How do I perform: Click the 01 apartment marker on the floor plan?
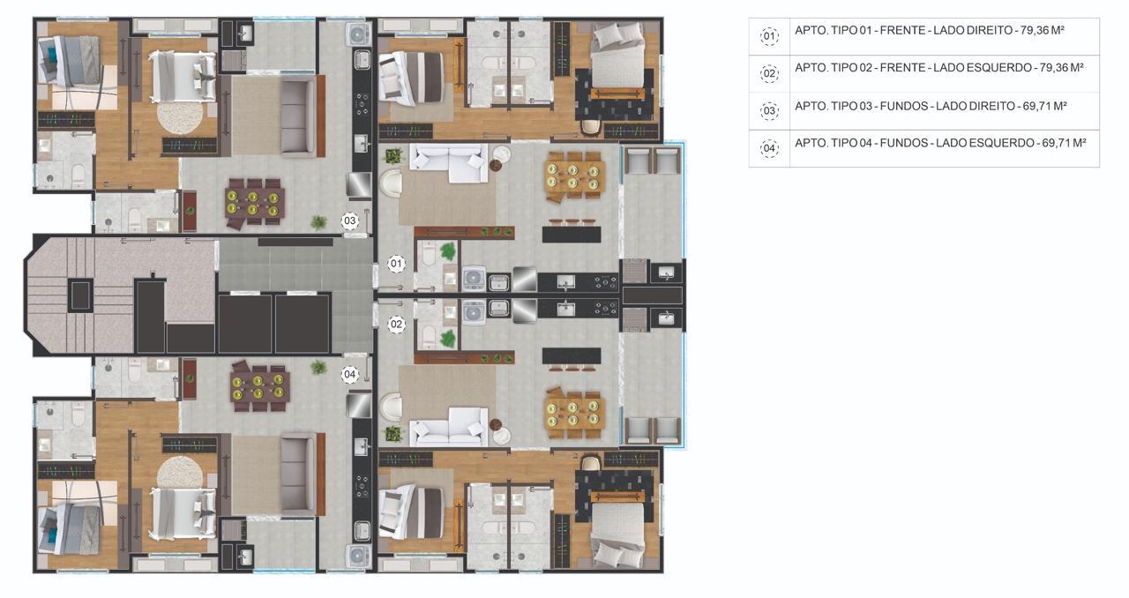pyautogui.click(x=396, y=263)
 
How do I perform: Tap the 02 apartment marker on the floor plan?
pyautogui.click(x=396, y=325)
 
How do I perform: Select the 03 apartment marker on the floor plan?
pyautogui.click(x=349, y=221)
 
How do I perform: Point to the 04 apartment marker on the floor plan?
pyautogui.click(x=349, y=374)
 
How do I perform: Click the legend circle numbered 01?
pyautogui.click(x=769, y=36)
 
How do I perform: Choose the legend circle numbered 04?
pyautogui.click(x=769, y=148)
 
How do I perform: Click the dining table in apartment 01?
pyautogui.click(x=574, y=176)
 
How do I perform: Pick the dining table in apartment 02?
pyautogui.click(x=574, y=414)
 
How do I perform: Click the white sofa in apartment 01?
pyautogui.click(x=449, y=162)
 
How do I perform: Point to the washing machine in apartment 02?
pyautogui.click(x=474, y=312)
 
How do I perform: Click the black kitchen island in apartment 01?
pyautogui.click(x=572, y=235)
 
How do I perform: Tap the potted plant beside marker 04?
pyautogui.click(x=318, y=367)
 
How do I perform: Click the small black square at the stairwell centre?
pyautogui.click(x=80, y=295)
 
